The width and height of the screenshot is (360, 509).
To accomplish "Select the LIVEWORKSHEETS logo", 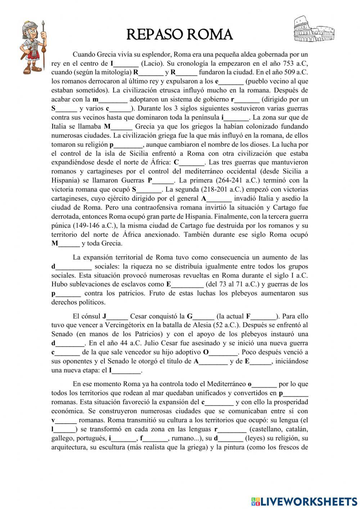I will pyautogui.click(x=304, y=501).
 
